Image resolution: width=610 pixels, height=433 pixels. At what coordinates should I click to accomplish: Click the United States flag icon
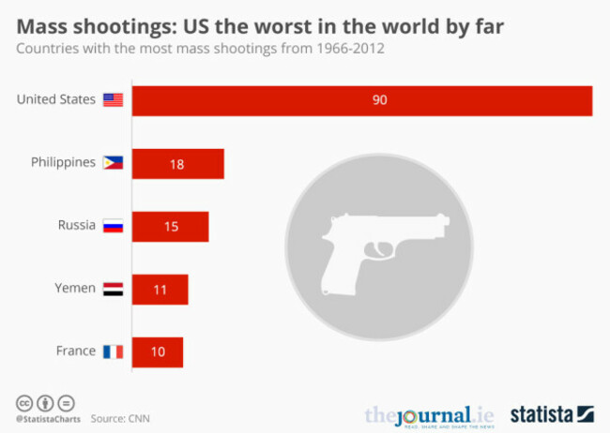(113, 100)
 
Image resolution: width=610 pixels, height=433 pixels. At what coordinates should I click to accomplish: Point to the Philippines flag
(113, 163)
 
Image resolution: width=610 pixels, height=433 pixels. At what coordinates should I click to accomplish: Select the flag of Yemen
(113, 289)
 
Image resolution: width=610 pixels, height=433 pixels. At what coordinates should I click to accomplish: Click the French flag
(113, 351)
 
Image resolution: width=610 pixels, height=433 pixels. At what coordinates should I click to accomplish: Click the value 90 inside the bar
(379, 100)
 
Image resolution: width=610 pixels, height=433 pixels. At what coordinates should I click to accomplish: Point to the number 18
(176, 164)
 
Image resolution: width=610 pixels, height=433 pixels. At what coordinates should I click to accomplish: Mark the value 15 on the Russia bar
(169, 227)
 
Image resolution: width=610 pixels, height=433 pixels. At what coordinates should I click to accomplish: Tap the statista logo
(552, 413)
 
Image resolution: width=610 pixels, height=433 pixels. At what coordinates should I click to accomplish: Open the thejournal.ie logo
(429, 415)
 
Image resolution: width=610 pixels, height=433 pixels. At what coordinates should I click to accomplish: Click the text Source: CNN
(120, 418)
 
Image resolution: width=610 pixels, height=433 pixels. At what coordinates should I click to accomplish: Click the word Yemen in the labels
(74, 289)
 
